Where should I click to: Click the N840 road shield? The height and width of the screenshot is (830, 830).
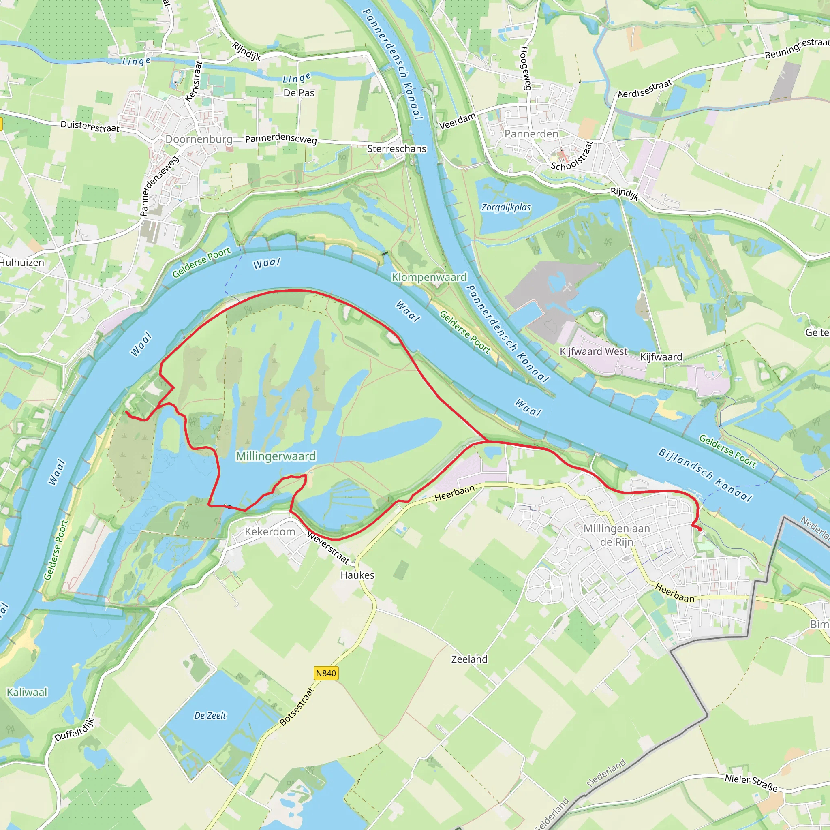326,673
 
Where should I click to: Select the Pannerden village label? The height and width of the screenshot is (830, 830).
531,134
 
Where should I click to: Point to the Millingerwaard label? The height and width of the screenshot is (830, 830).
276,456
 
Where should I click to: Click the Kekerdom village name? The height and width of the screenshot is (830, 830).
270,531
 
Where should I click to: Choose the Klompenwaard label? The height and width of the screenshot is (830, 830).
429,277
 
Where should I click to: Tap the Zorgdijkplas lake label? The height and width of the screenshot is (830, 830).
506,207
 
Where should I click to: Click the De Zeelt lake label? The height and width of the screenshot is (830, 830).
210,715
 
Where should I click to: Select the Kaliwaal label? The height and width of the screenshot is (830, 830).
27,692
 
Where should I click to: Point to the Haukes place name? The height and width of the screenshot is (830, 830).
357,575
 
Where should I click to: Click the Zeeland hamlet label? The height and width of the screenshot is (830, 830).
470,659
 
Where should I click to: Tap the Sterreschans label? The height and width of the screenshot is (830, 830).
396,149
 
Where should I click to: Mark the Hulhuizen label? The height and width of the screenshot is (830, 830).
22,263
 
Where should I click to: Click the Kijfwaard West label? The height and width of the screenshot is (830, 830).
593,351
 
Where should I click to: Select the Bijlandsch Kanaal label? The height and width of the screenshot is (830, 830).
706,475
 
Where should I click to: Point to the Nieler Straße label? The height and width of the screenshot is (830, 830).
751,783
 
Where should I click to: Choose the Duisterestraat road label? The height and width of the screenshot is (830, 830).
90,126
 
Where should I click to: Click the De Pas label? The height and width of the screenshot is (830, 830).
299,93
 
